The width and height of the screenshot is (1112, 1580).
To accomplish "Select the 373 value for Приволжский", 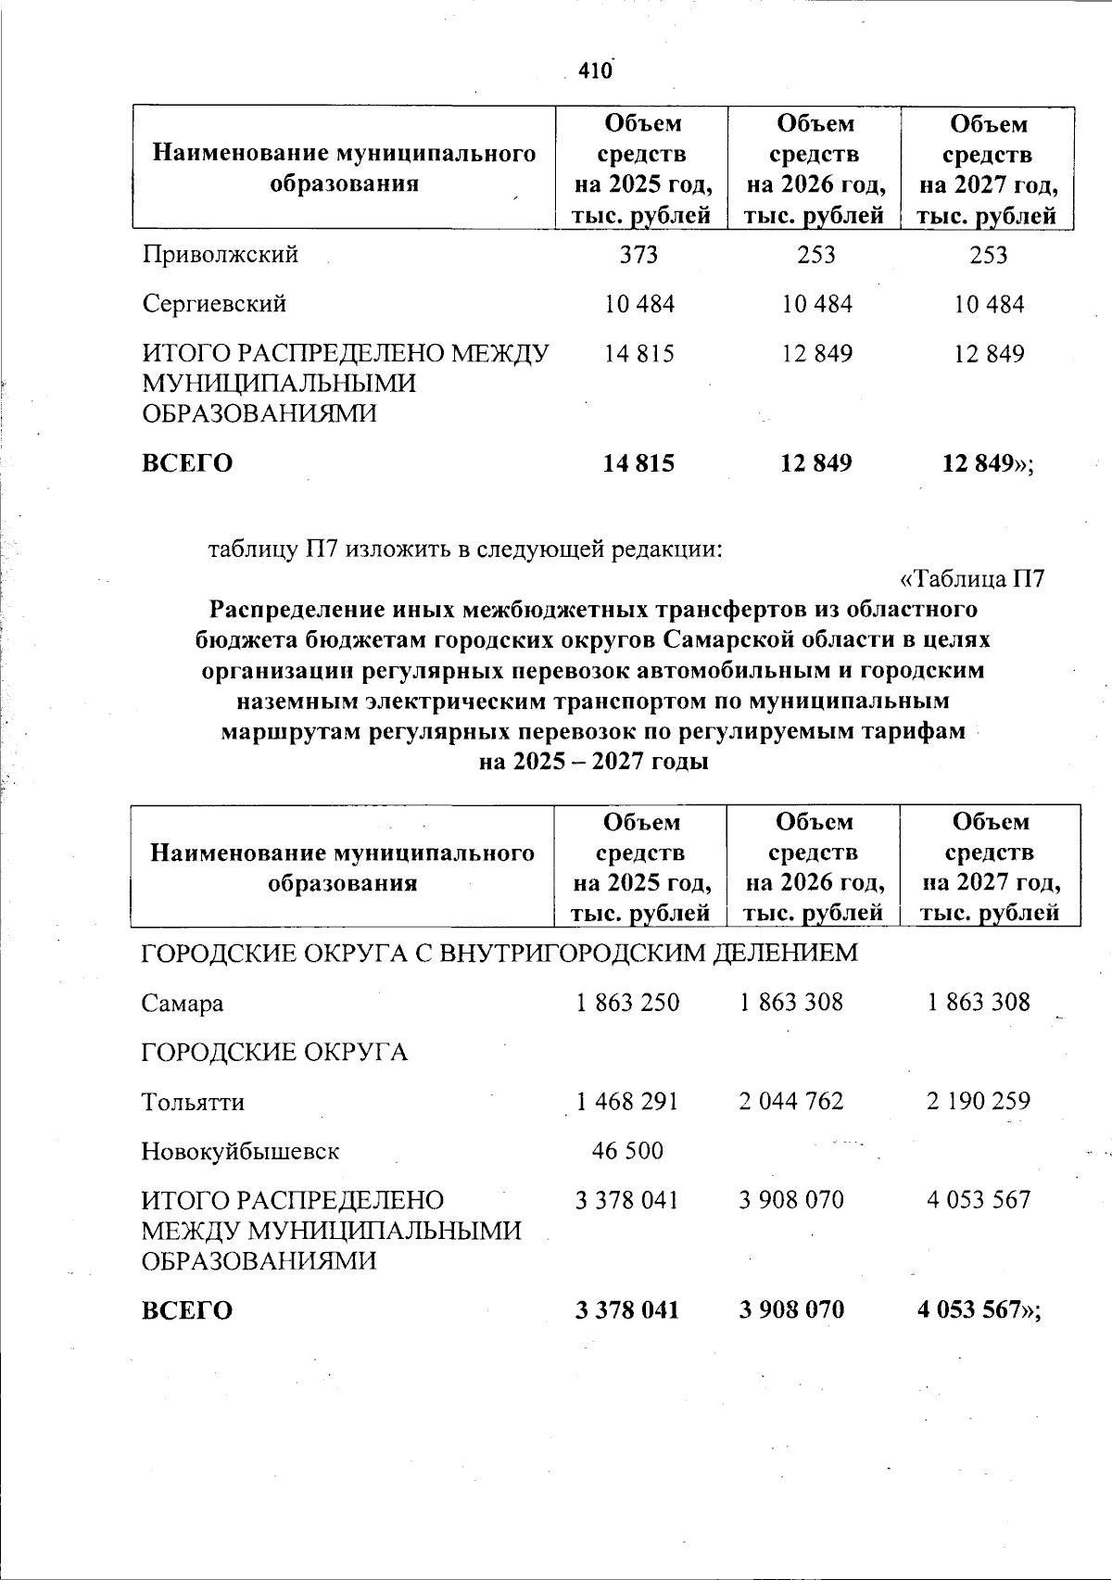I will point(639,254).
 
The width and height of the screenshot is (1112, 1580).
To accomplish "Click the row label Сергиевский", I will point(214,303).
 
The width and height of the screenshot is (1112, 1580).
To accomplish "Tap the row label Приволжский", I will point(220,254).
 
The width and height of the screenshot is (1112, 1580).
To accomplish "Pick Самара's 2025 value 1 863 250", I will point(627,1002).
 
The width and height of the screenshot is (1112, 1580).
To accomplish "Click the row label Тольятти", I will point(193,1102).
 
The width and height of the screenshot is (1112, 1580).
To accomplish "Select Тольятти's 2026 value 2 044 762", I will point(791,1101).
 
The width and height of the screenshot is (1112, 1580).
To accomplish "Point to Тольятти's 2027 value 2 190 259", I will point(978,1101).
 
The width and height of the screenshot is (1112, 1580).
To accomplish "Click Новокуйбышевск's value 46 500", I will point(627,1151).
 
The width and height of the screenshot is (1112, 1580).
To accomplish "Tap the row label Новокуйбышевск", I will point(240,1152).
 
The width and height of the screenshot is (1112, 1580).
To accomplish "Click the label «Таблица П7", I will point(972,579).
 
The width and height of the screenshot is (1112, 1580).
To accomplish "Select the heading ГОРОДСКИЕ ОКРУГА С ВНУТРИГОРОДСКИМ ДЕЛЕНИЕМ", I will point(499,953).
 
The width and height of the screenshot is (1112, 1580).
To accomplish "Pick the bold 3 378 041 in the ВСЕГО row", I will point(627,1310).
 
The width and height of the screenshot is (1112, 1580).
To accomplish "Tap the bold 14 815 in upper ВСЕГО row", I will point(638,463).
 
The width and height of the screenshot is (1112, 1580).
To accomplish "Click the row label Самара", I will point(183,1003).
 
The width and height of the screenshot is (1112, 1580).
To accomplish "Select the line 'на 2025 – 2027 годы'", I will point(593,762).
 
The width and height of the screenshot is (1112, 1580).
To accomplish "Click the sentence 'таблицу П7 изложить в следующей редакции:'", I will point(464,549).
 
